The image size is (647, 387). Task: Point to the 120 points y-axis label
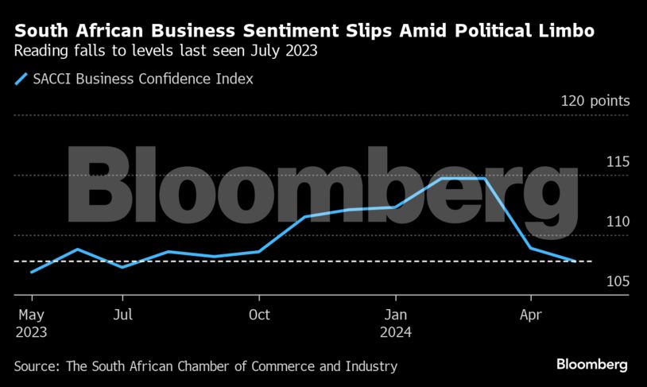(595, 101)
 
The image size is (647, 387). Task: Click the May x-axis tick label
(30, 315)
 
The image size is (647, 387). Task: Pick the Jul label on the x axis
(122, 315)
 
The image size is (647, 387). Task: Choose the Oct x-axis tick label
(259, 315)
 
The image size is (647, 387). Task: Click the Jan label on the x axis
(396, 315)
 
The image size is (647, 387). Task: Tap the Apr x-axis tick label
(530, 315)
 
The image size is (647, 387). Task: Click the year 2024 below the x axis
(396, 333)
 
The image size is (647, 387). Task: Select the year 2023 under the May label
(31, 333)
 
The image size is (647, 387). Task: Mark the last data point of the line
(576, 261)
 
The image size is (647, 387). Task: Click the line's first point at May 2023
(31, 272)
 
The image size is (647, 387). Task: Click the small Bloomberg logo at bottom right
(591, 365)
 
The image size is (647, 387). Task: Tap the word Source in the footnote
(35, 366)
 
